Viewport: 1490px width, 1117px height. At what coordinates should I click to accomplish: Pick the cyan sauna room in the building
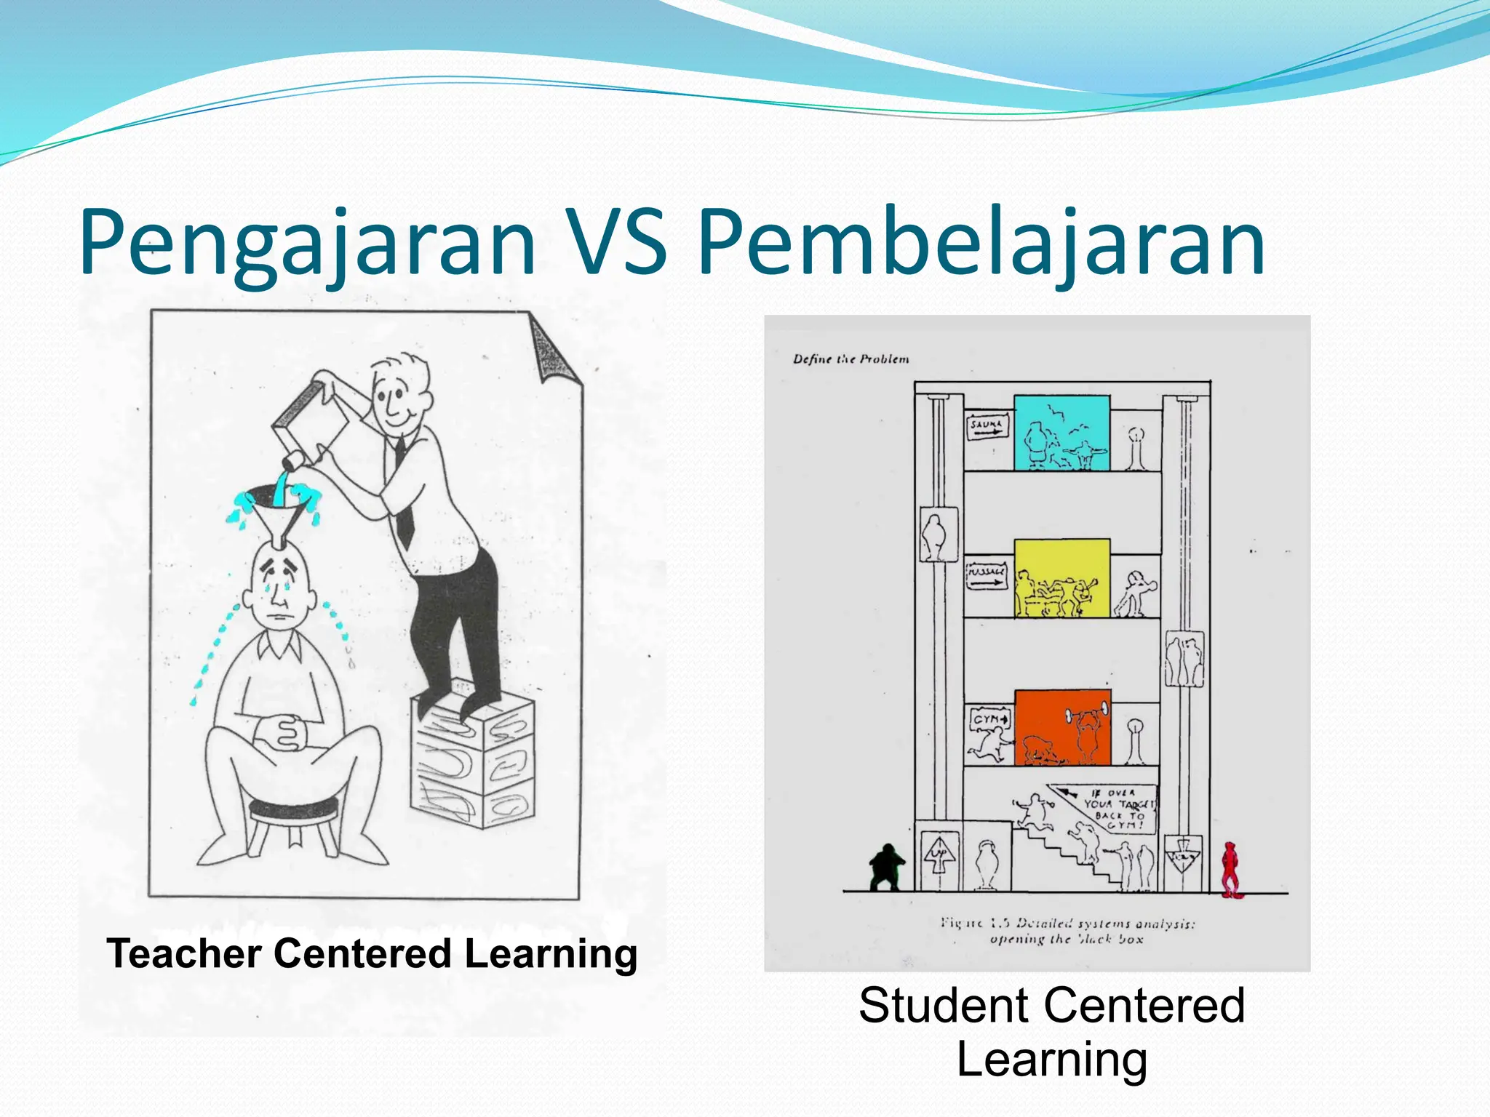(1062, 433)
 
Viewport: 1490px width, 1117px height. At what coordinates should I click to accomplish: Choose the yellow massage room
(1062, 578)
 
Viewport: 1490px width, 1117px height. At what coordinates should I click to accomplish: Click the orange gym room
(1062, 727)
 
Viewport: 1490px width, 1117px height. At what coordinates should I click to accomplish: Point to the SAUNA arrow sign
(987, 427)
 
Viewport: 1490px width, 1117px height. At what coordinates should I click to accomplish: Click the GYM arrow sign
(989, 719)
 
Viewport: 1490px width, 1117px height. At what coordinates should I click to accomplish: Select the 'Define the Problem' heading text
(850, 359)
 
